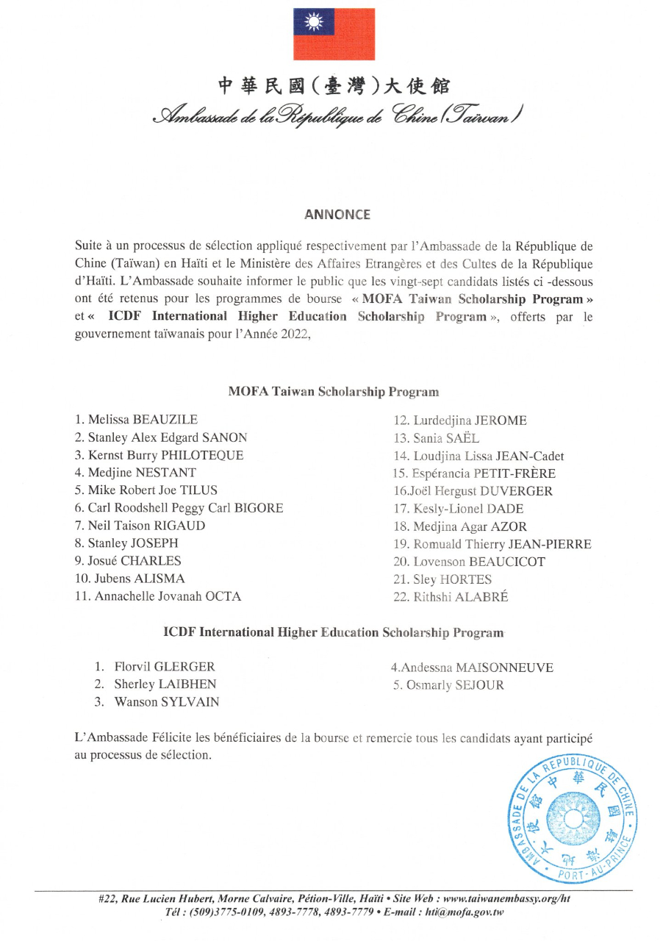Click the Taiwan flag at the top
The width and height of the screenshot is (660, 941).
click(x=334, y=34)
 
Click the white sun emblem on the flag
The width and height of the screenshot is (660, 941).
click(x=314, y=22)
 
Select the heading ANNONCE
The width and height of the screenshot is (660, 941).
click(x=337, y=215)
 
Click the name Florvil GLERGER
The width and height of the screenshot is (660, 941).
click(x=165, y=667)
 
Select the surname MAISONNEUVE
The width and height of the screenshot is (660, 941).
click(x=504, y=668)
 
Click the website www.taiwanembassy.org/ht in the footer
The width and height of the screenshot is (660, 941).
click(x=507, y=899)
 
